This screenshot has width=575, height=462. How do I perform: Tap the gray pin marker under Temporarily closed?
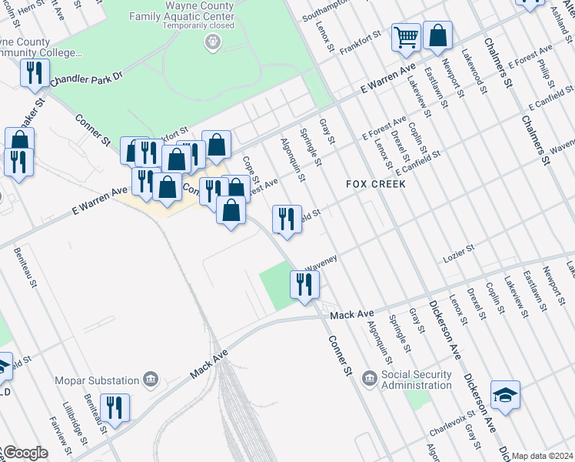[214, 41]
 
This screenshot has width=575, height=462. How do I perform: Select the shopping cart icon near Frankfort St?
[406, 36]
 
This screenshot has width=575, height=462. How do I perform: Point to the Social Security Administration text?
[427, 380]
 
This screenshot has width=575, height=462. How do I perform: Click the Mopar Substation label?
[96, 380]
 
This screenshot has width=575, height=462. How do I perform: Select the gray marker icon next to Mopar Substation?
[151, 379]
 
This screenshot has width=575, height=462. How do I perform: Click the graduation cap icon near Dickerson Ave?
[505, 396]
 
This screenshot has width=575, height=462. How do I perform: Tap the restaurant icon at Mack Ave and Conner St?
[304, 285]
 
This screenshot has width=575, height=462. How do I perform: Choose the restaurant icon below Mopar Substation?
[115, 408]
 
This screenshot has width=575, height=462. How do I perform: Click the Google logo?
[25, 453]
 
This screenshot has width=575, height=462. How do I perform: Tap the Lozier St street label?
[460, 253]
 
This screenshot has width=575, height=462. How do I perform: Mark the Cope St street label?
[248, 166]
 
